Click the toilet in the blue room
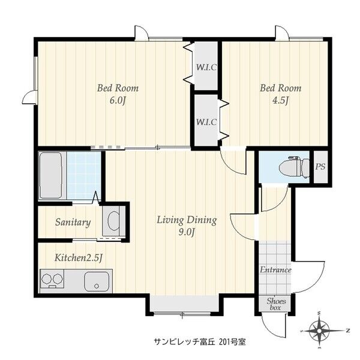pyautogui.click(x=295, y=167)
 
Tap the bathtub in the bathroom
pyautogui.click(x=51, y=175)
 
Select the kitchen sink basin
pyautogui.click(x=96, y=282)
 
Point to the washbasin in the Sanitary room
pyautogui.click(x=113, y=220)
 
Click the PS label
pyautogui.click(x=320, y=166)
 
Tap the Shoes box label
pyautogui.click(x=276, y=304)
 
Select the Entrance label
pyautogui.click(x=275, y=270)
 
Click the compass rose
pyautogui.click(x=319, y=331)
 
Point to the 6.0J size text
pyautogui.click(x=118, y=101)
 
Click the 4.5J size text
pyautogui.click(x=280, y=101)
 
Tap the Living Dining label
pyautogui.click(x=187, y=220)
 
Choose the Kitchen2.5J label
pyautogui.click(x=78, y=258)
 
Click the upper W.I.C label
pyautogui.click(x=206, y=67)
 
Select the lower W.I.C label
pyautogui.click(x=206, y=122)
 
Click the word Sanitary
pyautogui.click(x=73, y=222)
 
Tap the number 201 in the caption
pyautogui.click(x=224, y=342)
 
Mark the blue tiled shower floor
pyautogui.click(x=83, y=175)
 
